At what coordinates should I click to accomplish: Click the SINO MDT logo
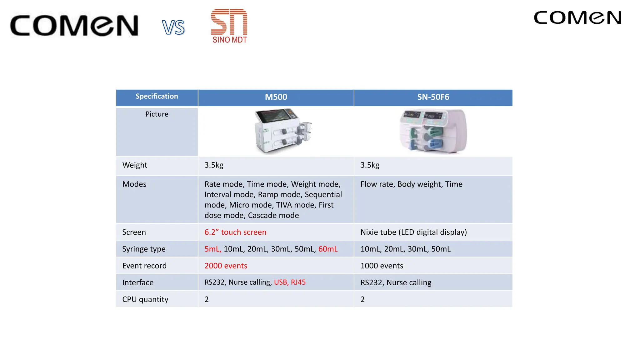[229, 26]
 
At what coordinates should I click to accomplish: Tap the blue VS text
[173, 27]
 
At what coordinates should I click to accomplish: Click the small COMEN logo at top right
[577, 18]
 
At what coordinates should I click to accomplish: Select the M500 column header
[276, 97]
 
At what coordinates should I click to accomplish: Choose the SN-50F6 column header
[433, 97]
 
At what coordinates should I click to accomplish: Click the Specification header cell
[157, 97]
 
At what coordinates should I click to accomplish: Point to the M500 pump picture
[283, 131]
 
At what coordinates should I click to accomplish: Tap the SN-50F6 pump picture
[433, 131]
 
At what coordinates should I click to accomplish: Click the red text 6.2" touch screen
[235, 232]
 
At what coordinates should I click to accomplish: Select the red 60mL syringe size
[328, 249]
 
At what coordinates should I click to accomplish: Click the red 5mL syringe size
[212, 249]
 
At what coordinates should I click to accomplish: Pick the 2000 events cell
[226, 266]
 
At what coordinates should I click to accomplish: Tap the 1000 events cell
[382, 266]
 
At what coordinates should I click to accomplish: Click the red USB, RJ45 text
[290, 282]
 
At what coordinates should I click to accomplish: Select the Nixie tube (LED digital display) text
[413, 232]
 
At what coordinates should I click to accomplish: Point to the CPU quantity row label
[145, 299]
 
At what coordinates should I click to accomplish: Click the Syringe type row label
[144, 249]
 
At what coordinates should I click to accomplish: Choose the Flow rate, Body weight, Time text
[411, 184]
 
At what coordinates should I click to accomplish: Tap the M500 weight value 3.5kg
[214, 165]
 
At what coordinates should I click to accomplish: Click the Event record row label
[144, 266]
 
